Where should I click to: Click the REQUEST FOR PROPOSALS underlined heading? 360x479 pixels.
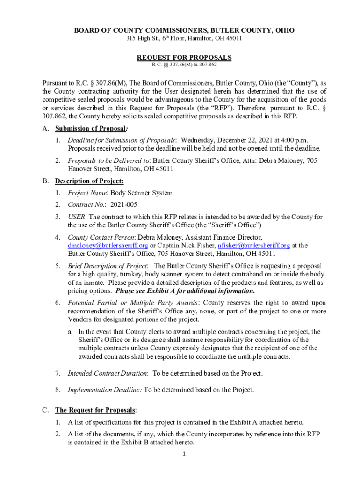(184, 58)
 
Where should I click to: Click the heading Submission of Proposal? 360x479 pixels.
(90, 128)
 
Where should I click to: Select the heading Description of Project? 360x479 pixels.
(89, 181)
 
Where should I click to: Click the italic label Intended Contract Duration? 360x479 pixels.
(108, 373)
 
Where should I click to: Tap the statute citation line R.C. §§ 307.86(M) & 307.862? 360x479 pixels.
(184, 65)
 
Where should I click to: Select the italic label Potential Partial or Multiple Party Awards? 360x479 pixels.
(133, 303)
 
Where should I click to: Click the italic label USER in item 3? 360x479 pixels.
(76, 217)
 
